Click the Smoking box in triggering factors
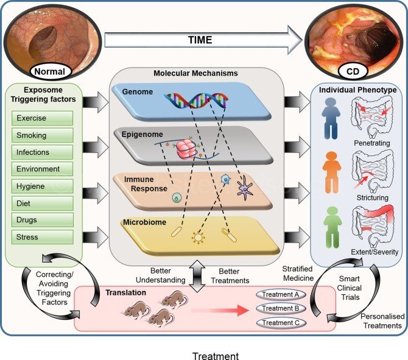click(41, 135)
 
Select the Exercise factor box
click(41, 118)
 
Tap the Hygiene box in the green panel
click(41, 186)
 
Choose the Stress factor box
click(41, 236)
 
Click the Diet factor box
click(41, 203)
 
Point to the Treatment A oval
click(279, 294)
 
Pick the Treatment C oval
click(279, 322)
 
